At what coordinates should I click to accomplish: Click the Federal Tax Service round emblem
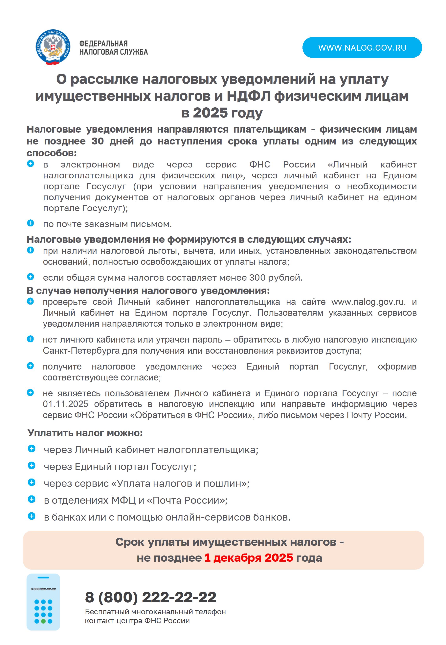(52, 48)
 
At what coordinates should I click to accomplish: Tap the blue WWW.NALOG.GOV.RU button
(362, 48)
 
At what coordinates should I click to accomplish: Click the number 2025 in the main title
(210, 113)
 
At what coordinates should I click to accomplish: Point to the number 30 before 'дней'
(98, 141)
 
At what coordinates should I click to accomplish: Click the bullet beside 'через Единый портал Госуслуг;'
(32, 466)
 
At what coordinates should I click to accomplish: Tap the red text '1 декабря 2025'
(248, 557)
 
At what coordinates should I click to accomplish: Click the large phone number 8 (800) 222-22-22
(151, 597)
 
